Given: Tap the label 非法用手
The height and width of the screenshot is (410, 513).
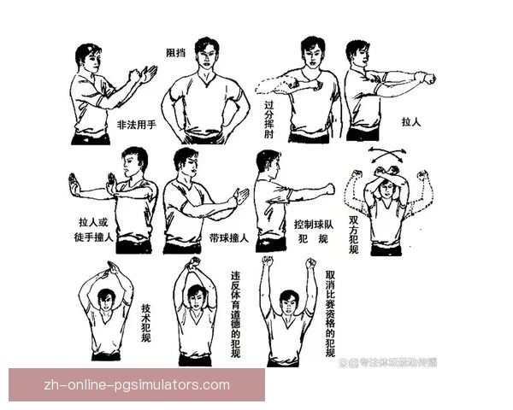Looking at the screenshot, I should tap(136, 125).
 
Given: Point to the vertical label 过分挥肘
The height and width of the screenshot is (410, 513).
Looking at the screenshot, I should tap(269, 120).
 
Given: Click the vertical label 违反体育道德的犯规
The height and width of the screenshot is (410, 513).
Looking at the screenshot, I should tap(235, 314).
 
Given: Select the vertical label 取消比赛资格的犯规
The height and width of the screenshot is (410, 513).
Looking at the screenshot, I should tap(330, 314).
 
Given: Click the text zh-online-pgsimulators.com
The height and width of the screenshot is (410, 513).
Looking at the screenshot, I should tap(137, 384).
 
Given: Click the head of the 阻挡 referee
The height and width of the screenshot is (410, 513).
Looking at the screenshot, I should tap(204, 53).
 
